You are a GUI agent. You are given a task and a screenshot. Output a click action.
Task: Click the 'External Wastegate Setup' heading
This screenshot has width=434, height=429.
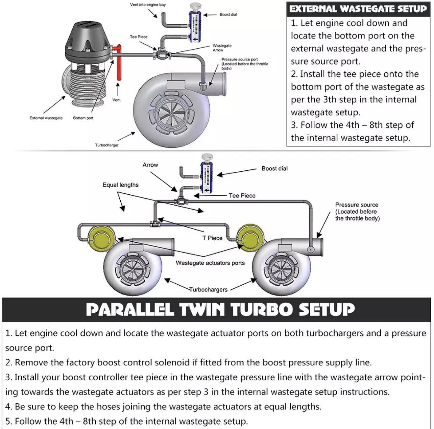click(358, 9)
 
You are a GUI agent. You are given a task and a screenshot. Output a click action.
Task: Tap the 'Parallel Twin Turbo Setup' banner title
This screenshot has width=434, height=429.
click(220, 309)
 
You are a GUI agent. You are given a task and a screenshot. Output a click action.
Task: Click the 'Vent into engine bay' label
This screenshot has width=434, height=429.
click(148, 5)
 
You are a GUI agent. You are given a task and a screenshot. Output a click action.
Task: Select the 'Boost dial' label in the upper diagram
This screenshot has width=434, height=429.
click(228, 15)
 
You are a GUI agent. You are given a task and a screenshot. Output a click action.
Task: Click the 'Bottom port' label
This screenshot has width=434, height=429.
click(83, 118)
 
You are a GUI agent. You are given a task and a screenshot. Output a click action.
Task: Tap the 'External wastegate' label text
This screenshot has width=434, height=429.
click(46, 118)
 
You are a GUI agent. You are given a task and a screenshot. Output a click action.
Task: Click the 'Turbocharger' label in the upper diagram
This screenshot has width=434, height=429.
click(106, 145)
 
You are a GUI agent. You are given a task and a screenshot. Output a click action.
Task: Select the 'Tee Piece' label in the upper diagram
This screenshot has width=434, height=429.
click(139, 37)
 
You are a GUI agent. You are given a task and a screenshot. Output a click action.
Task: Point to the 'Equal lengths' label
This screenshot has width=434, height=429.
click(121, 185)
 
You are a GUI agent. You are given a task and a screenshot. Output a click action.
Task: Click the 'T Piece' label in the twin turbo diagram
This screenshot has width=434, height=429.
click(212, 238)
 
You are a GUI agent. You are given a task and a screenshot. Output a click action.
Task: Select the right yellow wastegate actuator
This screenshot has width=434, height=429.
click(250, 235)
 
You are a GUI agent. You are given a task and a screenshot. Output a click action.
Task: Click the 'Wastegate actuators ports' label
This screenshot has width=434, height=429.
click(210, 263)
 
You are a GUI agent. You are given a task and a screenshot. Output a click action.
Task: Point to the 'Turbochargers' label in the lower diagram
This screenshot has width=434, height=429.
click(208, 290)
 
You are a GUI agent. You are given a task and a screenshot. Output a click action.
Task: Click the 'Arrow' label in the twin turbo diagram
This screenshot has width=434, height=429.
click(150, 165)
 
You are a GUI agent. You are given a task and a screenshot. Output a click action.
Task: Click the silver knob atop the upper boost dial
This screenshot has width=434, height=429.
click(195, 7)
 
